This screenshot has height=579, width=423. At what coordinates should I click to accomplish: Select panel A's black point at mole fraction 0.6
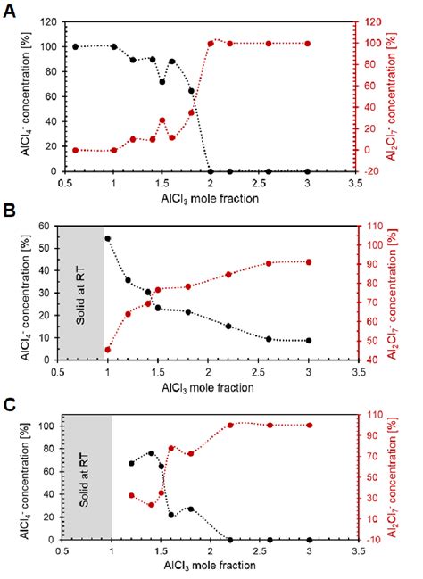75,46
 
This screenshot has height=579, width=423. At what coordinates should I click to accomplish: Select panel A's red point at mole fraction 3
308,44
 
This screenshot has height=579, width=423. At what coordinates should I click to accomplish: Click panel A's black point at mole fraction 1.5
162,81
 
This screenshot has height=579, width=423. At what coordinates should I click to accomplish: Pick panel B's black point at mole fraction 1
108,238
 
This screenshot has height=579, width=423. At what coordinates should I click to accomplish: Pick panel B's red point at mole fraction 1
108,350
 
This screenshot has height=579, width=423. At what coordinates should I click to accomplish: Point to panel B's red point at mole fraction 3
308,261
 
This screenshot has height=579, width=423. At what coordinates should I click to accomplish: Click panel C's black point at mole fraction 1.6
171,515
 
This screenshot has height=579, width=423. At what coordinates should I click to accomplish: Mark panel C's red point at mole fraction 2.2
230,425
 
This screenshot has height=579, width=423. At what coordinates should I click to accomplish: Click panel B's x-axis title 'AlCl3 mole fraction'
209,389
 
